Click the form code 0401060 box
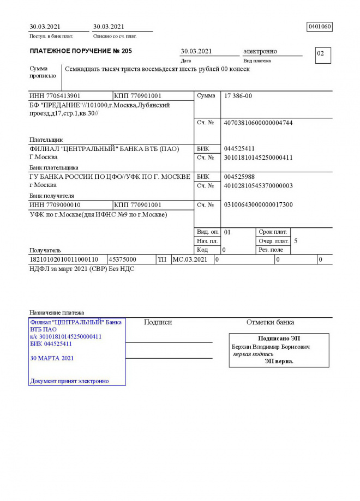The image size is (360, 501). [x=320, y=27]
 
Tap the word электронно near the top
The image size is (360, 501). [x=260, y=51]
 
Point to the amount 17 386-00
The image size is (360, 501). [x=238, y=96]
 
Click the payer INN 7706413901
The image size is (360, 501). [x=55, y=96]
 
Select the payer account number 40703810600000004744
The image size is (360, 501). [x=258, y=123]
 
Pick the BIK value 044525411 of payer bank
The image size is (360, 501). [x=239, y=149]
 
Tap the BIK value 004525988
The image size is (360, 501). [x=239, y=177]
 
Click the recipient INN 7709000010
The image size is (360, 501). [x=55, y=205]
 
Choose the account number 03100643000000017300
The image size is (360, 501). [x=258, y=205]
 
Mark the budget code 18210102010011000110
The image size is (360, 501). [x=64, y=259]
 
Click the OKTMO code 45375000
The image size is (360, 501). [x=123, y=259]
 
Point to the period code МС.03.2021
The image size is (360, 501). [x=190, y=259]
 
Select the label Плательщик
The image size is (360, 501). [x=46, y=140]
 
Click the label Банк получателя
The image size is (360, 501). [x=52, y=196]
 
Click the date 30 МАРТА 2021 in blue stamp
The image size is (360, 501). [x=52, y=359]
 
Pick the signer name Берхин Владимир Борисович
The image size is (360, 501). [x=271, y=347]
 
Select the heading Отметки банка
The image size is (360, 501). [x=270, y=322]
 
